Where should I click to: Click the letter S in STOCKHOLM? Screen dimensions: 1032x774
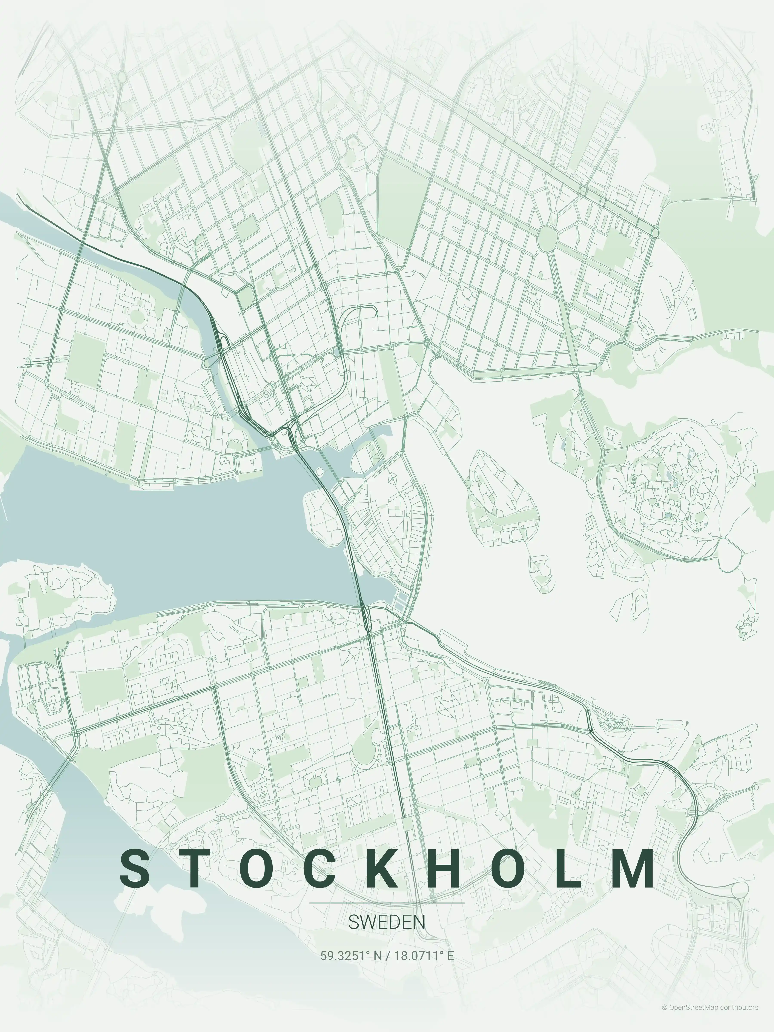(135, 869)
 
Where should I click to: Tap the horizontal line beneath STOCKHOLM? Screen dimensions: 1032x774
(387, 903)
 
